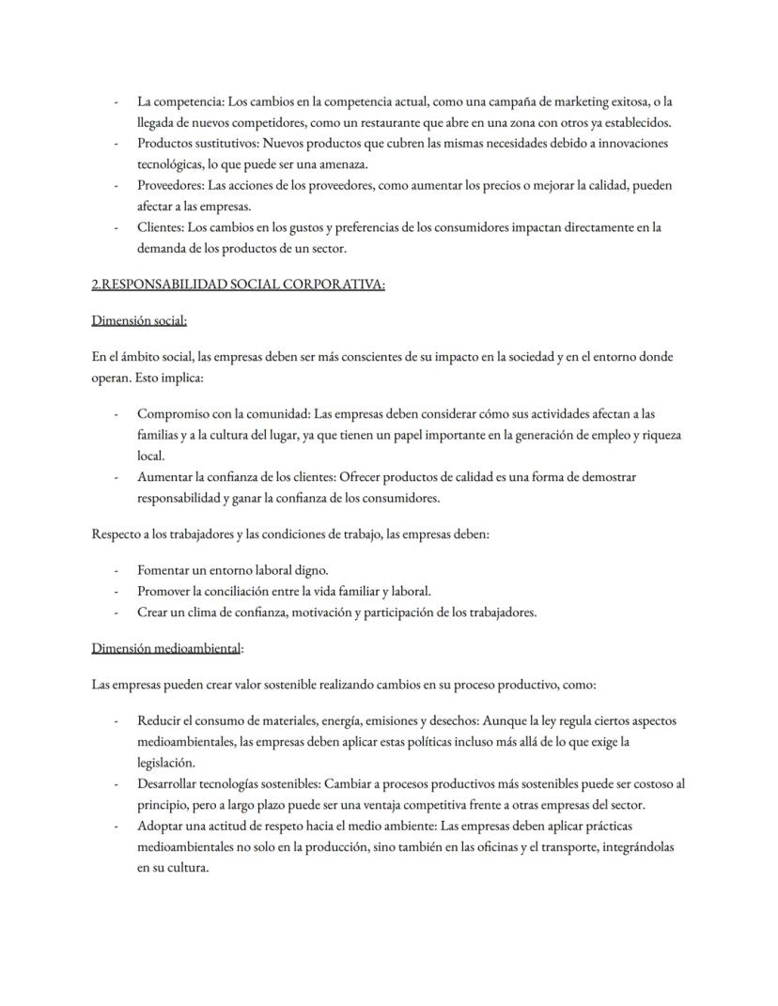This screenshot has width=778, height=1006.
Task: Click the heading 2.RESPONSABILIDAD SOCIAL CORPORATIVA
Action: pyautogui.click(x=238, y=285)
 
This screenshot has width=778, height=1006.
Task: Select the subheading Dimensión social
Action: pyautogui.click(x=139, y=320)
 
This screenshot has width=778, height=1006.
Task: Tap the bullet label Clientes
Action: pyautogui.click(x=159, y=226)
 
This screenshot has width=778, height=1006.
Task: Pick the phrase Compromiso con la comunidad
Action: pyautogui.click(x=223, y=413)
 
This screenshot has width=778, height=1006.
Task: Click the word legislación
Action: pyautogui.click(x=165, y=762)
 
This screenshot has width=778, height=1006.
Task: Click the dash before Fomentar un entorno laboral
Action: pyautogui.click(x=116, y=570)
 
